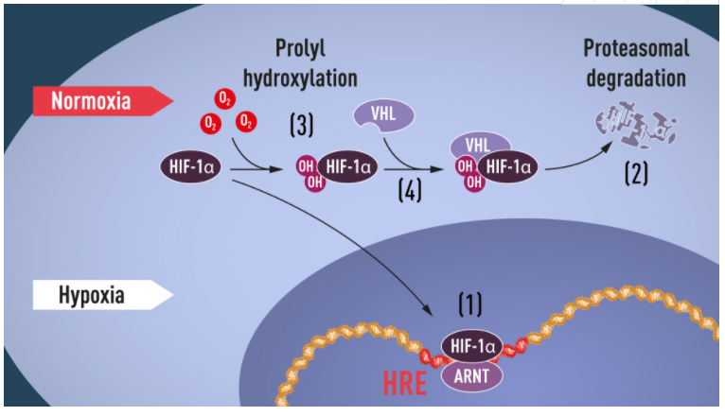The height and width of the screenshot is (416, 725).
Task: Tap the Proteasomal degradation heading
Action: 636,62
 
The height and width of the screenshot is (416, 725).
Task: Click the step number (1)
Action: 470,303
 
